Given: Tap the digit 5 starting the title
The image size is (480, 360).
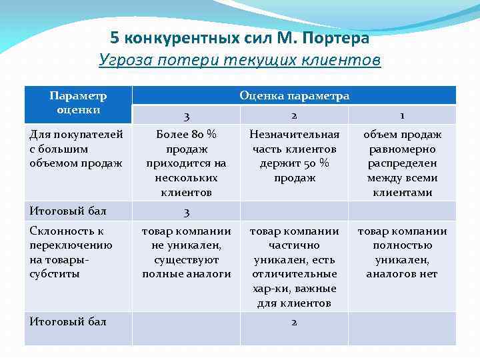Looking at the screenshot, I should (115, 37).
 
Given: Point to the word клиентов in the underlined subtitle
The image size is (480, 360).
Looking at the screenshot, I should (346, 61).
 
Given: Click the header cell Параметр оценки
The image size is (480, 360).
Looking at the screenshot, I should (78, 103).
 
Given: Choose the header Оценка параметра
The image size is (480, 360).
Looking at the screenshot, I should (294, 95).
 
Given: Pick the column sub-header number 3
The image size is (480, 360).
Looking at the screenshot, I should (186, 116).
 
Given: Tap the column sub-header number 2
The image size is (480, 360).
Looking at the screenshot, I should (294, 115).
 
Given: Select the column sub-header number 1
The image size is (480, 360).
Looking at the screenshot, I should (402, 115).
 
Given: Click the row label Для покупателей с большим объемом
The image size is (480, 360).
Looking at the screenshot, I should (76, 149).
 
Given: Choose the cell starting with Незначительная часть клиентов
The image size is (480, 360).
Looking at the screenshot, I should (294, 156).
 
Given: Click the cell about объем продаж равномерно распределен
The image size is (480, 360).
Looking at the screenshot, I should (402, 163).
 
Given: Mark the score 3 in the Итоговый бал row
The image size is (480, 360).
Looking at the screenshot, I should (187, 212).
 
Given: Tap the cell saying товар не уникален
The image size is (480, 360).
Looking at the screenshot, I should (186, 253).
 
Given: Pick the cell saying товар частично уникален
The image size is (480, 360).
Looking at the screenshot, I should (294, 267).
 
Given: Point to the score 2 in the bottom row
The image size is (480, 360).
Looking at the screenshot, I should (294, 322).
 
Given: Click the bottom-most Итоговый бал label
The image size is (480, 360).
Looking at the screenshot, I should (68, 322).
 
